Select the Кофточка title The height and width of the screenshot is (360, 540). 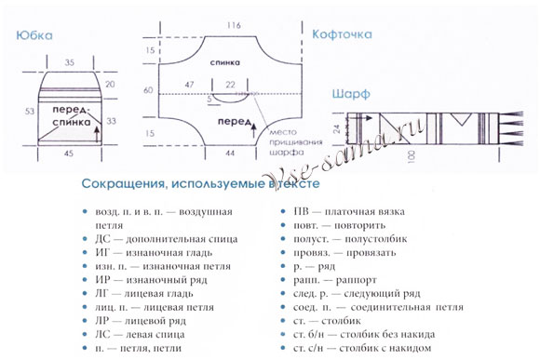pos(343,34)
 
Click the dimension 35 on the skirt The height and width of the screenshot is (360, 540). pos(70,61)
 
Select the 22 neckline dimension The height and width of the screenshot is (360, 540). pos(230,85)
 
